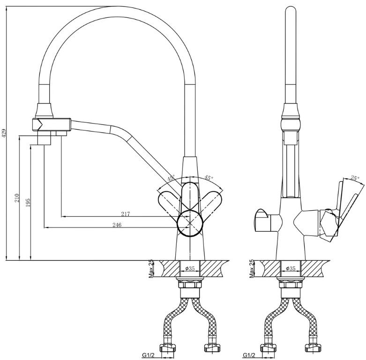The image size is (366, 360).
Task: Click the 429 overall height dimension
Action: click(4, 133)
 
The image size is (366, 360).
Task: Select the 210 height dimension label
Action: click(17, 198)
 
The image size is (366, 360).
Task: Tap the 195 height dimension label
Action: click(28, 203)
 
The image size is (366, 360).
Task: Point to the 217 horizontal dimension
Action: click(126, 213)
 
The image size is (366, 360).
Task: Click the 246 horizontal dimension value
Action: click(117, 225)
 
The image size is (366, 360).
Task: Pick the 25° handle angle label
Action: click(355, 178)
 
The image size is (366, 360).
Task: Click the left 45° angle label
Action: click(171, 178)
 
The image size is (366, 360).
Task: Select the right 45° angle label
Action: click(209, 178)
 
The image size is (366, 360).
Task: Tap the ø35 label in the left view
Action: click(190, 269)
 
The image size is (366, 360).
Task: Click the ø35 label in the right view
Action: click(291, 269)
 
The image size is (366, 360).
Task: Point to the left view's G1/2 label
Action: click(148, 355)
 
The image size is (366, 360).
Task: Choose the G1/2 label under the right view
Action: click(249, 355)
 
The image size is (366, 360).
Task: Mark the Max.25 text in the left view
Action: click(151, 269)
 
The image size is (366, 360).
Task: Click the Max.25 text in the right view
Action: click(252, 269)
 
